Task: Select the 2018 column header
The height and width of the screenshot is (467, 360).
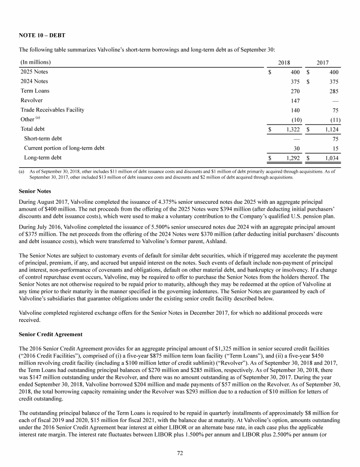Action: coord(284,62)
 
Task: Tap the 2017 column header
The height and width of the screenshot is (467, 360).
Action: coord(322,62)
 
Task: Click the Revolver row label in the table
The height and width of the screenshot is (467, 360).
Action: coord(31,100)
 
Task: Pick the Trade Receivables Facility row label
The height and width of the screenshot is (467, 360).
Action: coord(52,110)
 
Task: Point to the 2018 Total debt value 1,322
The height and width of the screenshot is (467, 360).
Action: coord(292,129)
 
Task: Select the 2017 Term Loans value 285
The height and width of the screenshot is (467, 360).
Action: coord(333,91)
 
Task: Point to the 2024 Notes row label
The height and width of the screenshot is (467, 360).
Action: coord(34,82)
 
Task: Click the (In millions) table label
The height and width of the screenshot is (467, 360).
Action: coord(36,62)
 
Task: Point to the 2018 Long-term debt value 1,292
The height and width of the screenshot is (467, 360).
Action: coord(292,158)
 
